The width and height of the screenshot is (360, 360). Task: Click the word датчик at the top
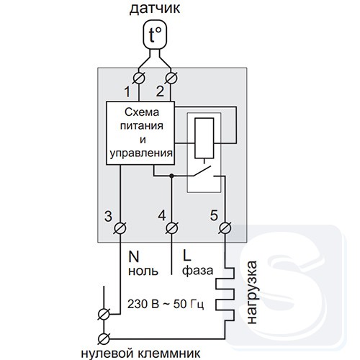pos(155,9)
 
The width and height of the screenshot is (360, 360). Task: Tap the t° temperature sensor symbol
pos(155,35)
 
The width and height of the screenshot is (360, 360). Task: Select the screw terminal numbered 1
pos(139,78)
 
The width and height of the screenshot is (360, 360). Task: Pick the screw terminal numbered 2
pos(171,78)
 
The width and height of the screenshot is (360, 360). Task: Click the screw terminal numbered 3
pos(120,228)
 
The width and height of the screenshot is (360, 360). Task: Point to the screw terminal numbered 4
pos(172,228)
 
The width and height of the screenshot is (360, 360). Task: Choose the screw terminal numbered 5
pos(225,228)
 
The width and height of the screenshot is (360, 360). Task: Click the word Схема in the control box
pos(142,112)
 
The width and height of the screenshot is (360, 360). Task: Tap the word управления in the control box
pos(141,153)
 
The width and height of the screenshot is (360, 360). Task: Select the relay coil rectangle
pos(204,138)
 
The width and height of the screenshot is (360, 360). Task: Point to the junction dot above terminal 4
pos(171,176)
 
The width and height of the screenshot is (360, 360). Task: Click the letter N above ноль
pos(134,257)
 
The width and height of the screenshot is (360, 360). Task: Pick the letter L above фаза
pos(186,255)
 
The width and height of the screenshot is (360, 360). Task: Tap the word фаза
pos(198,271)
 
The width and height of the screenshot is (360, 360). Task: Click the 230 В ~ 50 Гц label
pos(166,304)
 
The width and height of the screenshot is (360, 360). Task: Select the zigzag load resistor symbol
pos(225,294)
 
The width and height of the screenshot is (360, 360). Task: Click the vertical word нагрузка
pos(252,292)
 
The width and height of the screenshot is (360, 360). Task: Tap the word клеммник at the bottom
pos(169,354)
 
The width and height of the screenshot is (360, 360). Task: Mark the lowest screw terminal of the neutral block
pos(104,339)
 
